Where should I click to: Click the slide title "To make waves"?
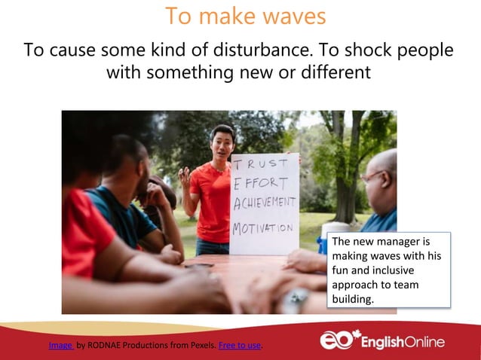[245, 16]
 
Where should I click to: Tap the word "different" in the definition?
[332, 73]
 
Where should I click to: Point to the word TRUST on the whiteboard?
[260, 164]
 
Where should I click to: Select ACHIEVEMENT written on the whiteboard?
[265, 203]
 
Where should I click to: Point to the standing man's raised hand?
[184, 178]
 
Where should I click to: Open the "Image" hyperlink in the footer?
[60, 346]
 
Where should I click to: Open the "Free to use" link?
[239, 346]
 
